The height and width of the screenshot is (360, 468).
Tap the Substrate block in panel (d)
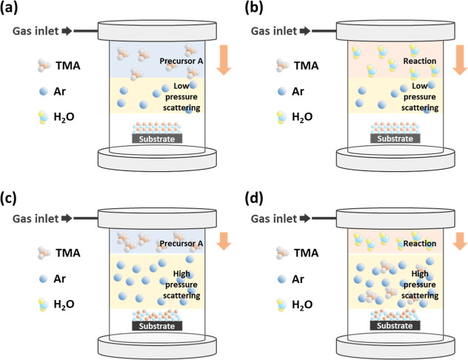pyautogui.click(x=395, y=324)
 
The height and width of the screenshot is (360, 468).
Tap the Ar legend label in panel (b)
pyautogui.click(x=301, y=92)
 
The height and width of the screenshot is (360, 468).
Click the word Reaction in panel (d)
pyautogui.click(x=421, y=244)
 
